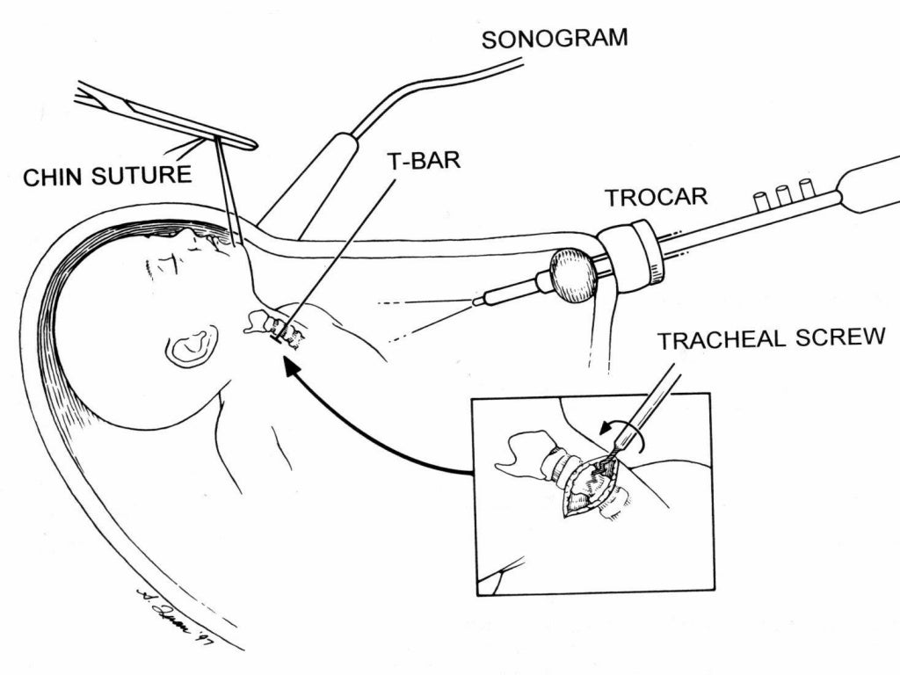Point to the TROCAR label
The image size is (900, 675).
[x=656, y=197]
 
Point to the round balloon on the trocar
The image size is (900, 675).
[x=573, y=274]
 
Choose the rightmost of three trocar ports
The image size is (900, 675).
[x=806, y=186]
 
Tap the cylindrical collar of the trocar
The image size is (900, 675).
[x=631, y=254]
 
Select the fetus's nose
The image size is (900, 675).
[x=185, y=235]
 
